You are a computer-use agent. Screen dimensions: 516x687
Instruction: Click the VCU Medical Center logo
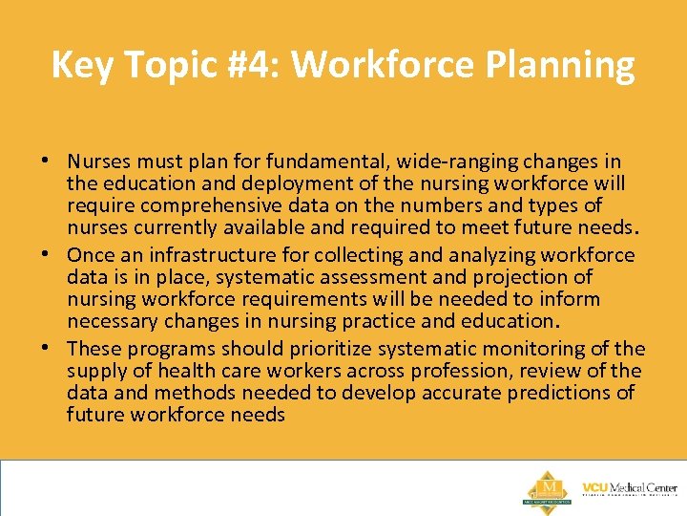click(629, 488)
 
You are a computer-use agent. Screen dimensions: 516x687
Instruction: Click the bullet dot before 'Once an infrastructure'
click(54, 255)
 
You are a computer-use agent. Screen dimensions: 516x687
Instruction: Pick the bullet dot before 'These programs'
click(54, 349)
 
